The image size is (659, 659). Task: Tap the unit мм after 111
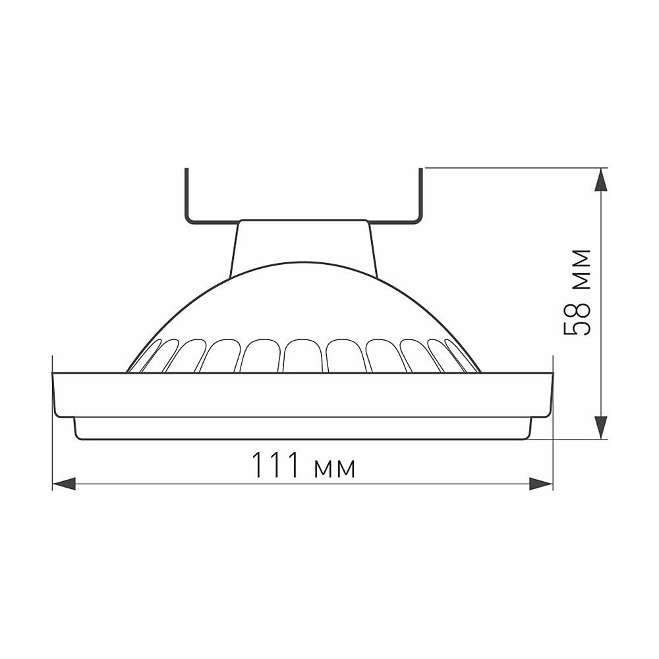pos(336,468)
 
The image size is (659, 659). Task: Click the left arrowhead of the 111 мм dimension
pos(63,484)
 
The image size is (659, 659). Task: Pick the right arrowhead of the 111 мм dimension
pos(541,484)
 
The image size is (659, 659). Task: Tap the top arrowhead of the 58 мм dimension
pos(600,180)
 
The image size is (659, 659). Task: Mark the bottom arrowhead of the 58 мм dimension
pos(600,426)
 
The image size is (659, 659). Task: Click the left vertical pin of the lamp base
pos(186,195)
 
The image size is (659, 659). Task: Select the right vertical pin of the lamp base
pos(420,195)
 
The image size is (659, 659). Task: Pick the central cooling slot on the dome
pos(303,356)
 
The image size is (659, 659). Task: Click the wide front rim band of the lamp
pos(302,395)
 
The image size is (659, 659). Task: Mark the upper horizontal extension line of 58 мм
pos(514,168)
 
